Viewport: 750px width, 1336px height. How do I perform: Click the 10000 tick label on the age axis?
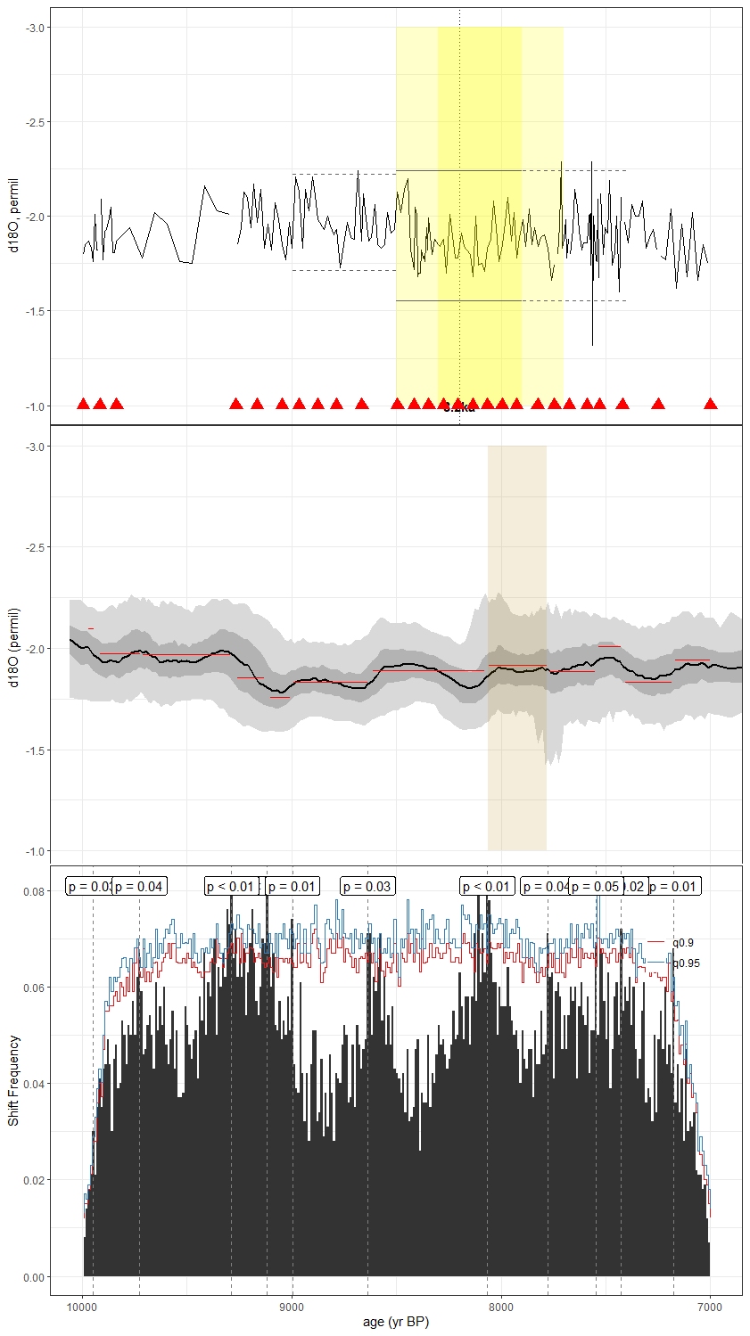click(x=82, y=1307)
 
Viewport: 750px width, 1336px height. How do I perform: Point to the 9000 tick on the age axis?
click(x=292, y=1307)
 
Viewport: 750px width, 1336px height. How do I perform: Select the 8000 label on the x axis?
click(x=501, y=1307)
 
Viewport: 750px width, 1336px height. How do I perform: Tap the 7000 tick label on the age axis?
click(x=710, y=1307)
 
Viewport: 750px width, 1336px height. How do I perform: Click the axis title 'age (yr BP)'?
click(x=396, y=1322)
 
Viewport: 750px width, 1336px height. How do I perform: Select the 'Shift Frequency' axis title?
click(x=13, y=1080)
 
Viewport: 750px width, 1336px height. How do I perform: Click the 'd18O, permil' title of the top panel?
click(x=13, y=216)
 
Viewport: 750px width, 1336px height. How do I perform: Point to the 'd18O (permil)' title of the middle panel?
click(x=13, y=648)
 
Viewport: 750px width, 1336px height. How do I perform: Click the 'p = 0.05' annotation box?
click(x=595, y=886)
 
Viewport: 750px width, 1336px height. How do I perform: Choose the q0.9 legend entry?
click(x=683, y=942)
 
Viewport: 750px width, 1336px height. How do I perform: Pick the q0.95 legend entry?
click(x=686, y=963)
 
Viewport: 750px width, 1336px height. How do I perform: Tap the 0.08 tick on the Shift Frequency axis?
click(x=34, y=891)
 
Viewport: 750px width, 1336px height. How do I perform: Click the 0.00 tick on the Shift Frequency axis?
click(x=34, y=1277)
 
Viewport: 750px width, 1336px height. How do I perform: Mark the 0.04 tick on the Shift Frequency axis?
click(x=34, y=1084)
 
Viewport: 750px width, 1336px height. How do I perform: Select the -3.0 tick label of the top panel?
click(x=34, y=28)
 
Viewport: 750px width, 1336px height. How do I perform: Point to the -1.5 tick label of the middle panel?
click(x=34, y=750)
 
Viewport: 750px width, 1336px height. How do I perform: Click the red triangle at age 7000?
click(x=711, y=404)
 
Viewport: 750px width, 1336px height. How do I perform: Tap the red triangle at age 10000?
click(x=83, y=404)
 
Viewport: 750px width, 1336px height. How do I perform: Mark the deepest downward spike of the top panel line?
click(x=592, y=343)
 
